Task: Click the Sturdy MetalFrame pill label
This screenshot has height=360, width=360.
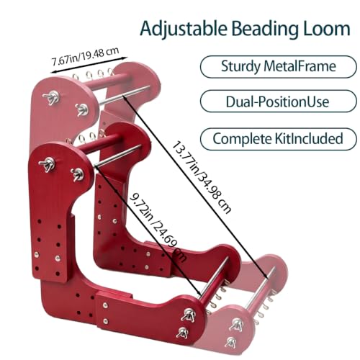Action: [x=279, y=66]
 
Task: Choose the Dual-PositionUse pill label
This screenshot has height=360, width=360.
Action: [x=277, y=102]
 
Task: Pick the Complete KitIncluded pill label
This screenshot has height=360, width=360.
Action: [x=278, y=139]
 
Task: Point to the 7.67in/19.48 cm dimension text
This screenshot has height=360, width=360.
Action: [x=86, y=56]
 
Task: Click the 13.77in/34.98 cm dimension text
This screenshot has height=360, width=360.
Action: [x=202, y=178]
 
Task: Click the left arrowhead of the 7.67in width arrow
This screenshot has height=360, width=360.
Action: [x=51, y=71]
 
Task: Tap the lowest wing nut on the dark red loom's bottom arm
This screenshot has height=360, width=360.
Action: [x=183, y=333]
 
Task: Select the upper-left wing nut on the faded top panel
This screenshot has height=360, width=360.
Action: [x=51, y=97]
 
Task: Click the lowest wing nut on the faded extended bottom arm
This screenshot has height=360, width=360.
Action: [x=231, y=342]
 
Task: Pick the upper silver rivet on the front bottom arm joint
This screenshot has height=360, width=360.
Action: [x=105, y=305]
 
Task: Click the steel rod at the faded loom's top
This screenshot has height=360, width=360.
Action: [x=125, y=94]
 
